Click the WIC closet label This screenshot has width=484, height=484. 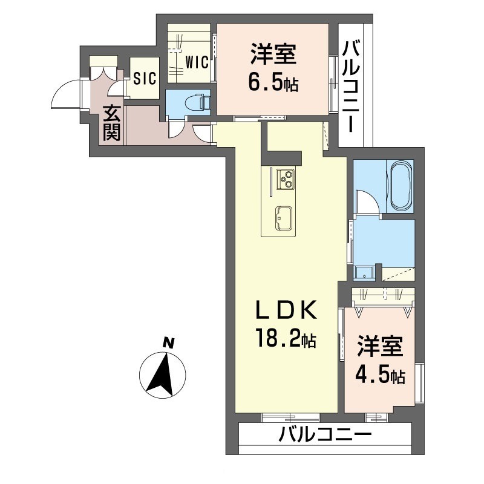197,62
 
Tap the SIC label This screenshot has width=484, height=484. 145,79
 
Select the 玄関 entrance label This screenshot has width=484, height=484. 111,123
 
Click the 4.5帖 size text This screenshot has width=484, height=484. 381,374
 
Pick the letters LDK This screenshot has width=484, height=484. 285,310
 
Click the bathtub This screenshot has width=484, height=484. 401,186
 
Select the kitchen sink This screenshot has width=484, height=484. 284,218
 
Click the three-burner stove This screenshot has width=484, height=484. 286,180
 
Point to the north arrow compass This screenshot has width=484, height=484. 162,374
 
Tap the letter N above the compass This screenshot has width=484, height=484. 168,343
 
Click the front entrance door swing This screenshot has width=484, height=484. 65,94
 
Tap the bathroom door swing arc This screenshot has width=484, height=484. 367,201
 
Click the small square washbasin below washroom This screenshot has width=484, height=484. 364,273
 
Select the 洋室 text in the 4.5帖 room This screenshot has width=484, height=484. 381,347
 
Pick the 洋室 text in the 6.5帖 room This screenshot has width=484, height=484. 273,54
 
